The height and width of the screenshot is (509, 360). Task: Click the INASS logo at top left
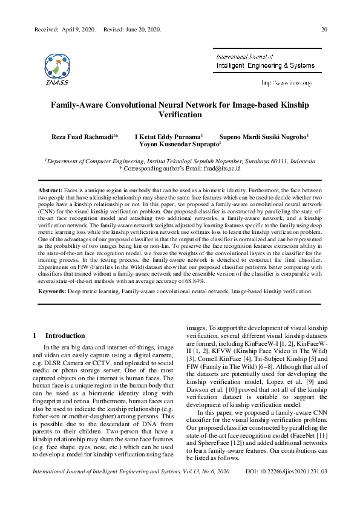point(56,68)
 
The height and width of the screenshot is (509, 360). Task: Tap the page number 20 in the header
point(324,30)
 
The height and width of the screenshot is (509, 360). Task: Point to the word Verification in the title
point(180,114)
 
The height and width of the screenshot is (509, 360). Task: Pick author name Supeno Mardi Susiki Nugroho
point(264,137)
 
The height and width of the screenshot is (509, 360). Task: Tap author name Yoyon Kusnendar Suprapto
point(179,145)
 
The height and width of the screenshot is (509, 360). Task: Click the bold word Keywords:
point(53,291)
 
